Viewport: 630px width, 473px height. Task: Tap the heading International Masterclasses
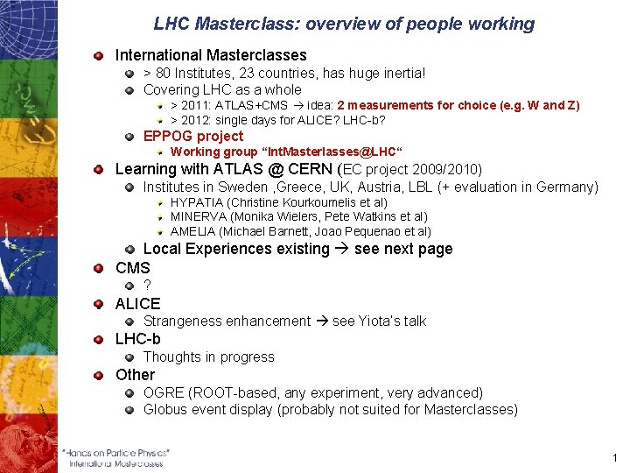(x=211, y=55)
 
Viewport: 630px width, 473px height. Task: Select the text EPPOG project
(x=193, y=136)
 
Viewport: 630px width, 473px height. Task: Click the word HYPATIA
(x=197, y=202)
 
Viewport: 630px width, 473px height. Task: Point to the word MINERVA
(x=199, y=216)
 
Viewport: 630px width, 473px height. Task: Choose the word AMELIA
(x=193, y=231)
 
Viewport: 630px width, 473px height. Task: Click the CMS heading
(x=133, y=268)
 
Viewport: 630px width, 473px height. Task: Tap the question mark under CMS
(x=147, y=286)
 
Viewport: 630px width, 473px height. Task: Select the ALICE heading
(x=138, y=304)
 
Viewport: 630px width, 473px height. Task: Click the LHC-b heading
(x=138, y=339)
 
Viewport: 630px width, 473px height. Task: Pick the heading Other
(x=135, y=375)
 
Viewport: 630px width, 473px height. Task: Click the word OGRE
(x=164, y=393)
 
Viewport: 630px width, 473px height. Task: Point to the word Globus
(x=165, y=409)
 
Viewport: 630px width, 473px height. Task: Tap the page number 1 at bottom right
(x=616, y=458)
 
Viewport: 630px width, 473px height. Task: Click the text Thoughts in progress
(x=208, y=357)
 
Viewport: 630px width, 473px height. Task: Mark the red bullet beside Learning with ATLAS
(x=101, y=169)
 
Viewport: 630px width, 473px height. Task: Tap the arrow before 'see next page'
(x=342, y=249)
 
